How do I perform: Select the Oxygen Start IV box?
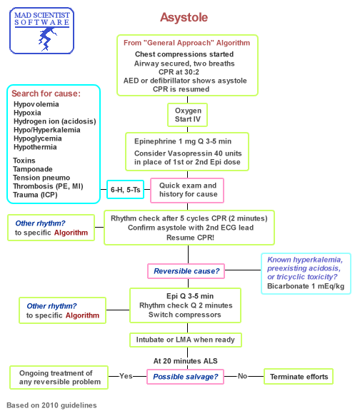(187, 116)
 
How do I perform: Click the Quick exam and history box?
(187, 190)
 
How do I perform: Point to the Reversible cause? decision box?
(187, 271)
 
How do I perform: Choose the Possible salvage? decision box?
(187, 376)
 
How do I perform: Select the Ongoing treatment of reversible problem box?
(60, 377)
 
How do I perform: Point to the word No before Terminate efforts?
(242, 376)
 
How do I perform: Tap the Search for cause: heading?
(46, 93)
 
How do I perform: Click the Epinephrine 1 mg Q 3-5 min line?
(187, 141)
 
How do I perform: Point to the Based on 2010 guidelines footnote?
(52, 405)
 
